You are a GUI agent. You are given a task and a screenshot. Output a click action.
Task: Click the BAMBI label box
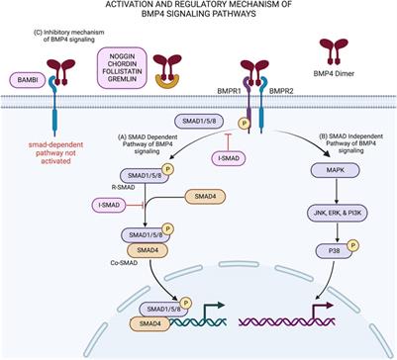point(23,77)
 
